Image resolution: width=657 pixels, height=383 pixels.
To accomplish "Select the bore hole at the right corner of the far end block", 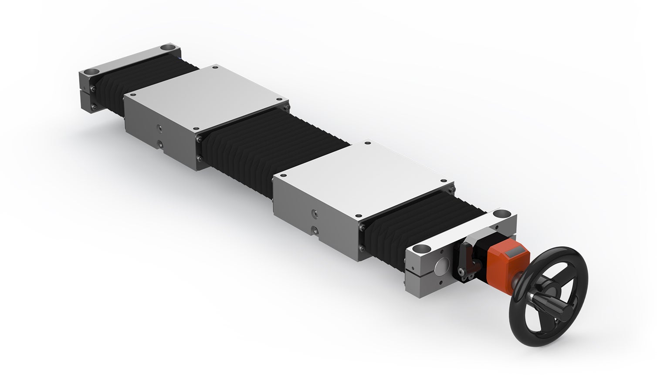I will [167, 47].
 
